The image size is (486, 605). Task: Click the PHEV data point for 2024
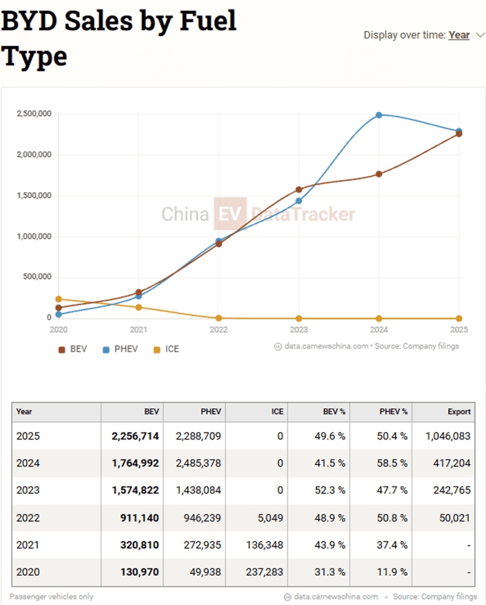tap(378, 115)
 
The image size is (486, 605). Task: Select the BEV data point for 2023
tap(298, 190)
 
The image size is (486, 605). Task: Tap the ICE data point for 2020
tap(59, 299)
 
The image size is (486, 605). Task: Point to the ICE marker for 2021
tap(139, 308)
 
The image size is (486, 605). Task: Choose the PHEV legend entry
tap(120, 349)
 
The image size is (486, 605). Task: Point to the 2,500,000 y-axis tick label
tap(34, 114)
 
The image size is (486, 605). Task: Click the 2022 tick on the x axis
tap(219, 329)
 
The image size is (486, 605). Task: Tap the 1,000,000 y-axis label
tap(34, 237)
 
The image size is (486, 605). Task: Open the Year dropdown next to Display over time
tap(459, 35)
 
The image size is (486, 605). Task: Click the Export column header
tap(459, 412)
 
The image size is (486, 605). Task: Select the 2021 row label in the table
tap(28, 545)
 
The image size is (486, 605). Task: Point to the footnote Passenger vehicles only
tap(52, 596)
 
